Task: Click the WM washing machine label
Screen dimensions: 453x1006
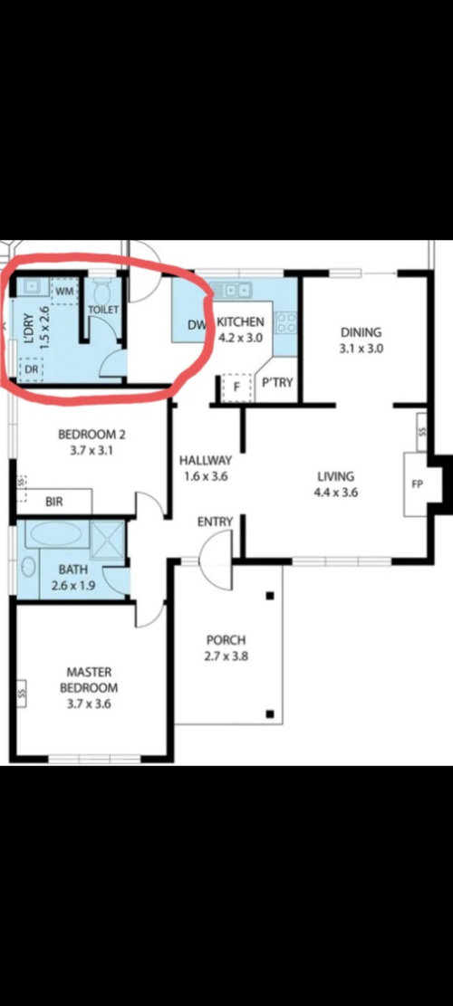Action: click(65, 291)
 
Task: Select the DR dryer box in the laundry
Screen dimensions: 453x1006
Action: click(30, 369)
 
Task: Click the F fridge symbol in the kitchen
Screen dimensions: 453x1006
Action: click(236, 388)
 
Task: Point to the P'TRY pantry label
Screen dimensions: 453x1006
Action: click(278, 383)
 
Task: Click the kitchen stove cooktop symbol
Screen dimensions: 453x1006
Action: click(286, 322)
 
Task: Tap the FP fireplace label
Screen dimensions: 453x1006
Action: click(417, 484)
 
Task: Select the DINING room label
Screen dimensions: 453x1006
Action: click(361, 332)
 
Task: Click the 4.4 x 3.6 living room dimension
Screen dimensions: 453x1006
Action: click(335, 493)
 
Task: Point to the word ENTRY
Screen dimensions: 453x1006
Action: click(215, 522)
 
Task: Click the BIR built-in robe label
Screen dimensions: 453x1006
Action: click(54, 502)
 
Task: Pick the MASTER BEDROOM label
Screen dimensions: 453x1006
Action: click(89, 680)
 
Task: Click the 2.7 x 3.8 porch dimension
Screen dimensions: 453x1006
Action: click(226, 656)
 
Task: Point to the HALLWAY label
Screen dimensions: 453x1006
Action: click(206, 460)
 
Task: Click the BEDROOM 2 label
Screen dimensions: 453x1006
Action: click(92, 435)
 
